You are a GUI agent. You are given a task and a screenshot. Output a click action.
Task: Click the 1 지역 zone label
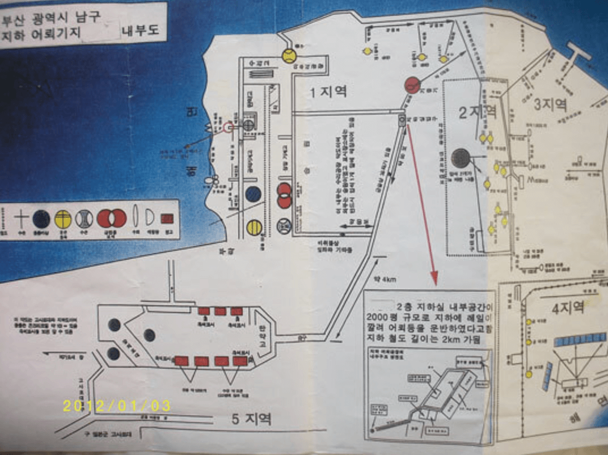click(328, 91)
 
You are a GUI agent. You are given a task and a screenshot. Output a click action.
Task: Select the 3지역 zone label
click(550, 104)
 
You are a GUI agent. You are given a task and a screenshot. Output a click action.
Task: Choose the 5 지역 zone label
click(252, 419)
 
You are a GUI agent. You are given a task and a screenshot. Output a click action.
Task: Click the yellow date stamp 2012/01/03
click(116, 406)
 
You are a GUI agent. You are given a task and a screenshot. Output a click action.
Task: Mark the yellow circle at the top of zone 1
click(289, 56)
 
